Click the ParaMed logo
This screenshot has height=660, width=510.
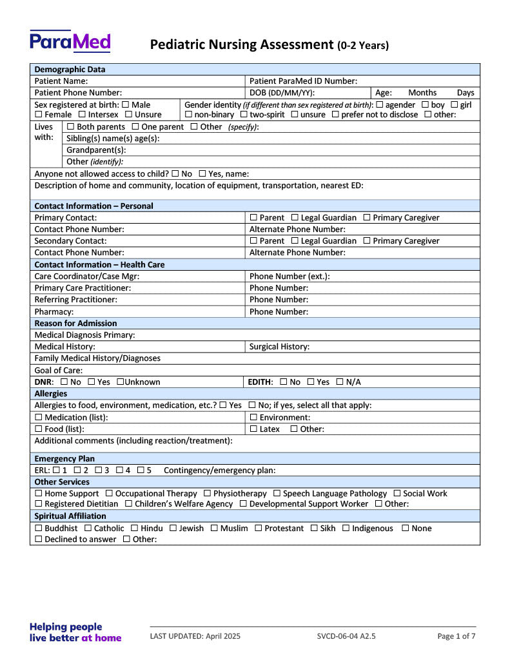coord(70,41)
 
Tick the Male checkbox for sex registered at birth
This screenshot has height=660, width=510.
coord(125,104)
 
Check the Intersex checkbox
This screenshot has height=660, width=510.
coord(82,115)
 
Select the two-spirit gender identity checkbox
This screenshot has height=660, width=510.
coord(244,115)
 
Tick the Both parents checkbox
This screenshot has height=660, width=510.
coord(70,127)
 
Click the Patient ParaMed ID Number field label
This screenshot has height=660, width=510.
coord(302,81)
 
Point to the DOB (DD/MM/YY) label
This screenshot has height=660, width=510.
coord(282,93)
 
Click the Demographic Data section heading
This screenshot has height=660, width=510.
coord(70,70)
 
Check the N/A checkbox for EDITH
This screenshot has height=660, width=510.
coord(340,382)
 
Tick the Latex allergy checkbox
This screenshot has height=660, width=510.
coord(253,429)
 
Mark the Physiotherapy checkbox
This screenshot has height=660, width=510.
coord(207,494)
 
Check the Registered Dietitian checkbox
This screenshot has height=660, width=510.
coord(39,504)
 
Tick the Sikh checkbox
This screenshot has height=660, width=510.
coord(315,529)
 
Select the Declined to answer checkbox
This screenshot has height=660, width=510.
coord(39,539)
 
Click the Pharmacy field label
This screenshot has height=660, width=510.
coord(54,312)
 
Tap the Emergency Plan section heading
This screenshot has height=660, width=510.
coord(64,459)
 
